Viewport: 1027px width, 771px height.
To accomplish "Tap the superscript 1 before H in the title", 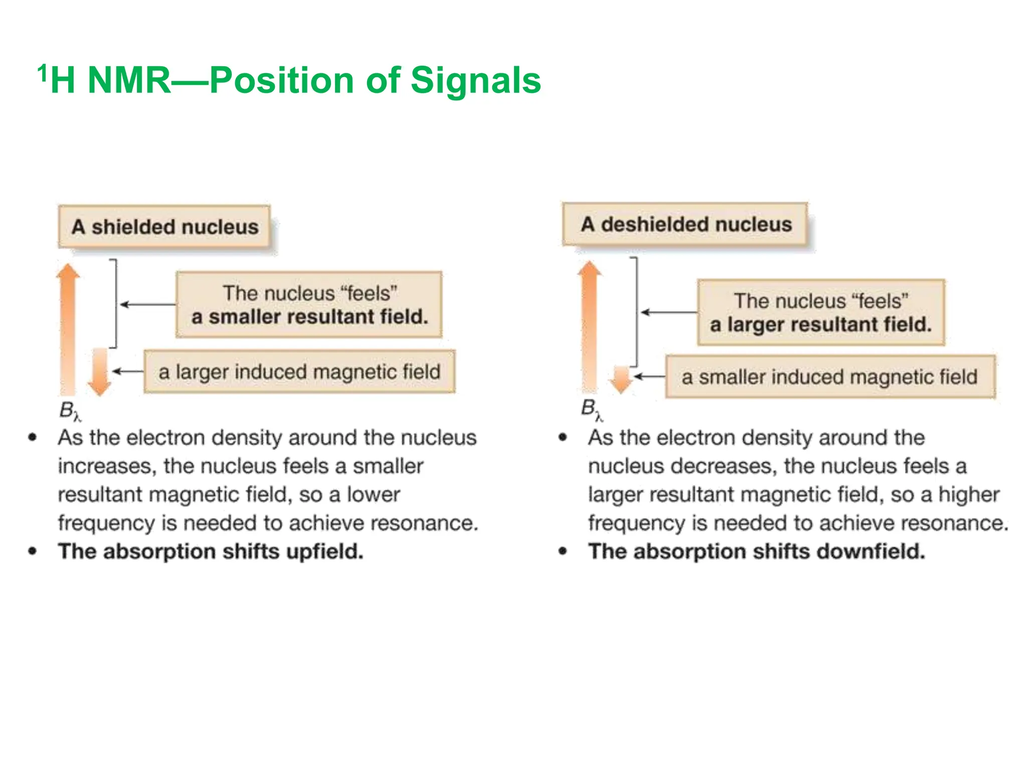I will pyautogui.click(x=43, y=73).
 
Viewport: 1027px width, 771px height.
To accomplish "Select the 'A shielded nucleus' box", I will pyautogui.click(x=164, y=227).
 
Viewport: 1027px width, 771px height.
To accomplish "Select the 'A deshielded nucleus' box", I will pyautogui.click(x=685, y=224).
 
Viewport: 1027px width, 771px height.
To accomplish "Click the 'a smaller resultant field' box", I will pyautogui.click(x=309, y=305).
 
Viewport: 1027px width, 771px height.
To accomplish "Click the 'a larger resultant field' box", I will pyautogui.click(x=821, y=313).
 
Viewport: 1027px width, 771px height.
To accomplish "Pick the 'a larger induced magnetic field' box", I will pyautogui.click(x=299, y=372).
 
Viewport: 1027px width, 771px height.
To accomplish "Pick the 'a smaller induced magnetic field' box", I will pyautogui.click(x=830, y=377).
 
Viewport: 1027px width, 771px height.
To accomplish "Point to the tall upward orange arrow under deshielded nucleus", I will pyautogui.click(x=589, y=326).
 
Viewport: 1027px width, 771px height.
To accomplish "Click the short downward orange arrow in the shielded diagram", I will pyautogui.click(x=99, y=372).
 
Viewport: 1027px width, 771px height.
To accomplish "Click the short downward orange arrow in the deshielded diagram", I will pyautogui.click(x=621, y=379).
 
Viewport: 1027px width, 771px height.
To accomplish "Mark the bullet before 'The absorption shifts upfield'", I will pyautogui.click(x=33, y=551).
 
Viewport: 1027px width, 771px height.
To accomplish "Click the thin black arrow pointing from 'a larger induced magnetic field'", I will pyautogui.click(x=127, y=371).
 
